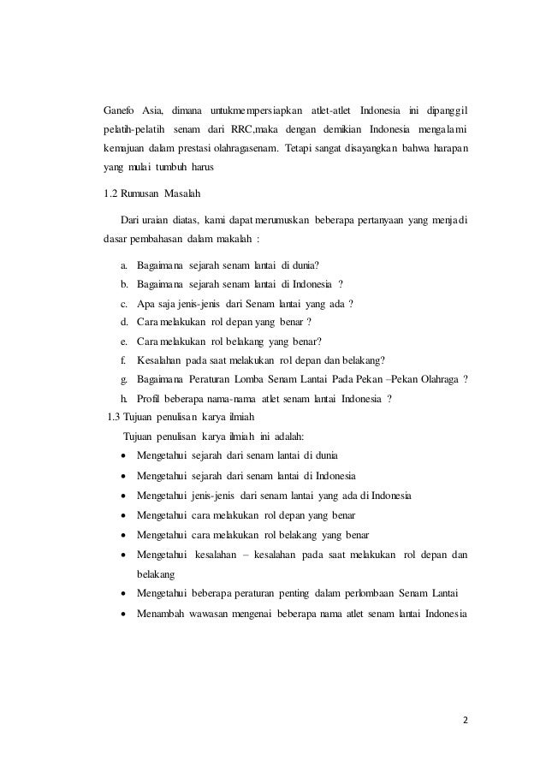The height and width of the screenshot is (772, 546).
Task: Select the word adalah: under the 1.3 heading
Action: click(x=267, y=436)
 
